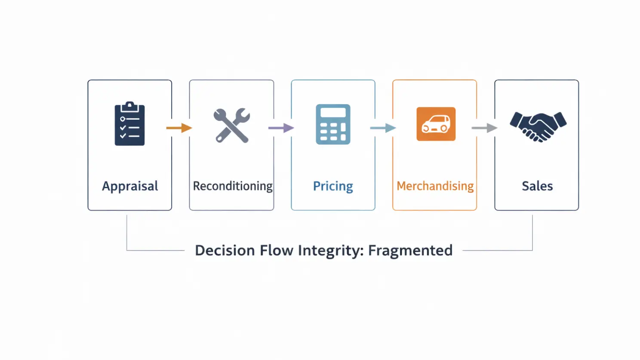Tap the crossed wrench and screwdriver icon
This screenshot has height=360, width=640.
[232, 126]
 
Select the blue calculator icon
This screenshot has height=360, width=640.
[333, 124]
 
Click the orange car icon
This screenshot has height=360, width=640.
[436, 124]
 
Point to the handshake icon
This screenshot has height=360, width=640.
[538, 126]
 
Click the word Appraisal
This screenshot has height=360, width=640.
[130, 186]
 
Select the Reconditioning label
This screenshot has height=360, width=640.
[232, 186]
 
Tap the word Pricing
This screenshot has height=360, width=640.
[333, 186]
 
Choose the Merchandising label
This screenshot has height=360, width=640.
[435, 186]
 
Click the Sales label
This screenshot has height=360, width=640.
[537, 186]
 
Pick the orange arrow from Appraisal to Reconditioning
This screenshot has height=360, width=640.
[179, 128]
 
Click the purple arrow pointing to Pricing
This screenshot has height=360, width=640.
[281, 128]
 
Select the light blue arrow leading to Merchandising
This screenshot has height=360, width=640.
[383, 128]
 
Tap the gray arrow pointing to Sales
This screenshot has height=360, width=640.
[484, 128]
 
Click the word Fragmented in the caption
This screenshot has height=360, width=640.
[410, 250]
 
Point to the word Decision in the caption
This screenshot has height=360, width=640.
[225, 250]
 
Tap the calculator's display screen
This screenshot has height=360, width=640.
[333, 113]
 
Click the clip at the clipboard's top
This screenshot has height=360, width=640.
[129, 106]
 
